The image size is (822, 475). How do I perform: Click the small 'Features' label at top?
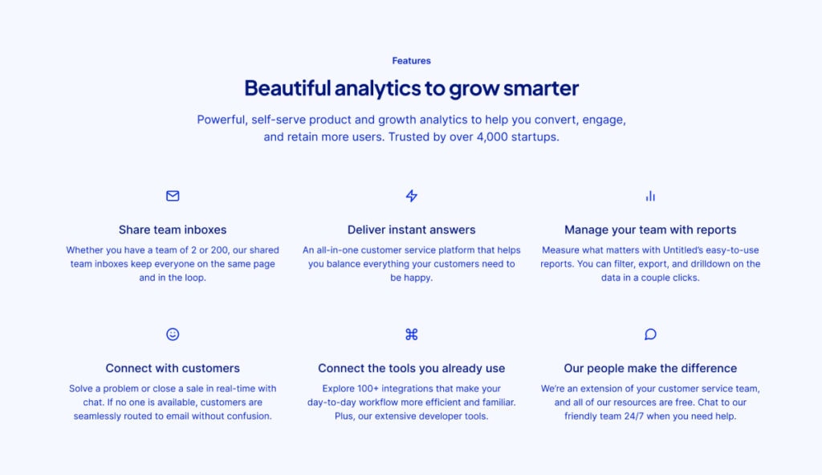(x=412, y=61)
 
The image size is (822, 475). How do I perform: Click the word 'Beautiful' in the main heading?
(x=288, y=88)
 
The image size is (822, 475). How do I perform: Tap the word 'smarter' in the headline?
(x=541, y=88)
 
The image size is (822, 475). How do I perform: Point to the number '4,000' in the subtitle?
(x=492, y=137)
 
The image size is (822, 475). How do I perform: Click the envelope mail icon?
(x=173, y=196)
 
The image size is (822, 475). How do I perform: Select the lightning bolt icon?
(x=412, y=196)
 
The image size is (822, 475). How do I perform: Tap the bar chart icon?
(x=650, y=196)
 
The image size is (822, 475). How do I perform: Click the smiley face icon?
(x=173, y=335)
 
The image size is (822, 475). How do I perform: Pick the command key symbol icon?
(x=412, y=335)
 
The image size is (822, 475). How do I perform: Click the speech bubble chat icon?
(x=650, y=335)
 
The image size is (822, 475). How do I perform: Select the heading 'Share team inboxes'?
(x=173, y=229)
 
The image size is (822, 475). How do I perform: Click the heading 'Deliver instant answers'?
(x=412, y=229)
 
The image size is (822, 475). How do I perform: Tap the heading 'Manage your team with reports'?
(x=650, y=229)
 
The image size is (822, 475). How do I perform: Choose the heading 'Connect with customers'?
(x=173, y=368)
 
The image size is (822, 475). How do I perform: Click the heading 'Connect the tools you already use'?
(x=412, y=368)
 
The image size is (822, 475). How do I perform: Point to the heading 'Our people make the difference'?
(x=650, y=368)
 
